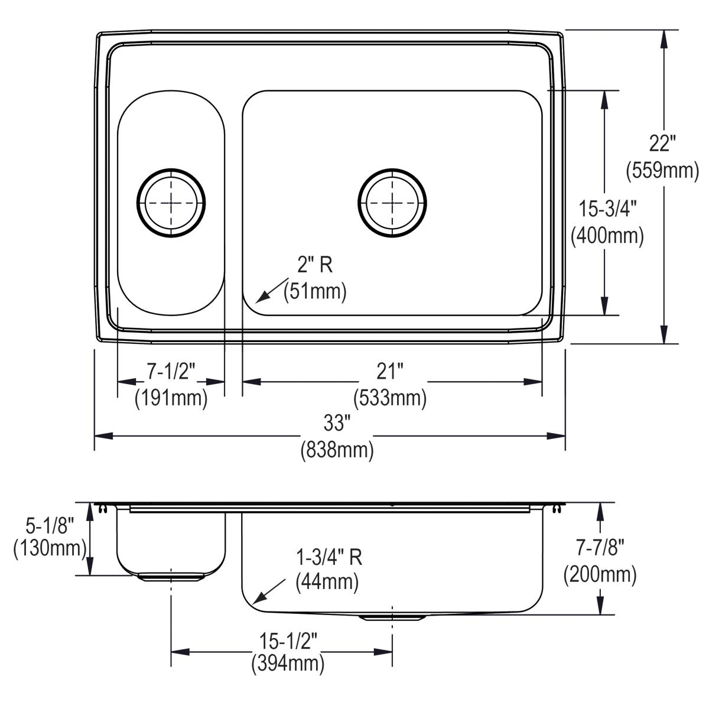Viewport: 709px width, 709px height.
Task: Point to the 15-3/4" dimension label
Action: [607, 209]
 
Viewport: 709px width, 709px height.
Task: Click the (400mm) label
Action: [607, 236]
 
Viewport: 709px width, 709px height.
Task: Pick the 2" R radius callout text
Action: [315, 265]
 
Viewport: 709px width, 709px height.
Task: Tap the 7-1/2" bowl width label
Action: [171, 372]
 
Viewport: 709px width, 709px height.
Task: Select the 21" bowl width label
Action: [390, 372]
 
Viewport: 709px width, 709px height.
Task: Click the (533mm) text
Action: [390, 399]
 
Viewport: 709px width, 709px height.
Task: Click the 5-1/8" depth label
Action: [49, 522]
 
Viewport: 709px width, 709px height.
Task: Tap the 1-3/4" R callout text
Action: [329, 557]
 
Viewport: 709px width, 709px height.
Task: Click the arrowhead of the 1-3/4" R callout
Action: [255, 600]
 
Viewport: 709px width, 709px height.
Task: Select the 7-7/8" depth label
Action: [600, 548]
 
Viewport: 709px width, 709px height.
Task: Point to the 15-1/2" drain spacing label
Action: [288, 640]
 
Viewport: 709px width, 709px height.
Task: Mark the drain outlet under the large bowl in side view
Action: [392, 617]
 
